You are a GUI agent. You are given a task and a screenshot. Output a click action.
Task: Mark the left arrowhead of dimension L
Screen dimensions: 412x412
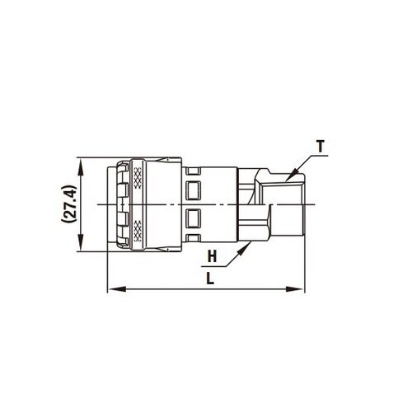[x=112, y=288]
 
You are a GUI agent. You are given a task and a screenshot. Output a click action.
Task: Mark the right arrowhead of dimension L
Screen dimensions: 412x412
[x=300, y=288]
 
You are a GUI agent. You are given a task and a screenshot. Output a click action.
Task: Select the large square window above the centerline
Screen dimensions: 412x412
[x=194, y=190]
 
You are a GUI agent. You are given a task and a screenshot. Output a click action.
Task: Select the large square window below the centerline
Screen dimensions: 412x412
[x=194, y=218]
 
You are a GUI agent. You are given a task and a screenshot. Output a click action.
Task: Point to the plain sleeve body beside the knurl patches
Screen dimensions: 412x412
[x=161, y=204]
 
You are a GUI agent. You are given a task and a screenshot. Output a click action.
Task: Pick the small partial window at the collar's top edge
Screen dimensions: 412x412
[x=194, y=169]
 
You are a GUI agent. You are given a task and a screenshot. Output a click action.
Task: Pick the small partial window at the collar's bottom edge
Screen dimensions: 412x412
[x=194, y=239]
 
